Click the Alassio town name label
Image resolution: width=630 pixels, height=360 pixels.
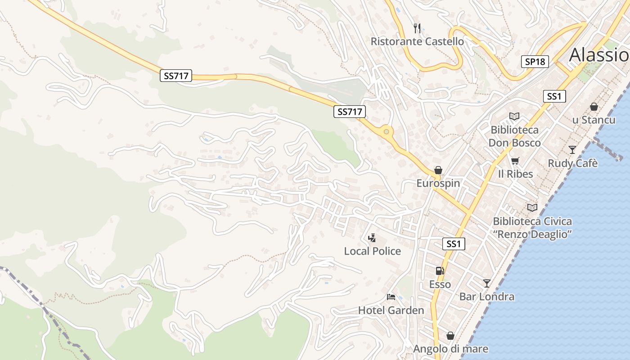pyautogui.click(x=598, y=55)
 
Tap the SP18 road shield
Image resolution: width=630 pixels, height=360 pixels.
pyautogui.click(x=535, y=62)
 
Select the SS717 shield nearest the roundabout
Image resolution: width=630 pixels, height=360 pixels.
pyautogui.click(x=349, y=112)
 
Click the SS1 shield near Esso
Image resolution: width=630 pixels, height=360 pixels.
pyautogui.click(x=454, y=244)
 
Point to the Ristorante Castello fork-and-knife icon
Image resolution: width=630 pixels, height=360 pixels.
pyautogui.click(x=417, y=28)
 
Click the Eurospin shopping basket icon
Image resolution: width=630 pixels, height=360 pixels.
pyautogui.click(x=438, y=170)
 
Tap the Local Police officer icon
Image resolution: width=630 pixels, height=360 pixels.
pyautogui.click(x=372, y=238)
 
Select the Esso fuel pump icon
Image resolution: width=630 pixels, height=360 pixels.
pyautogui.click(x=440, y=270)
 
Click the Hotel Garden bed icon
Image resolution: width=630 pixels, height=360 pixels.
pyautogui.click(x=391, y=297)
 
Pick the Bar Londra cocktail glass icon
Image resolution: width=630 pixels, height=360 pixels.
pyautogui.click(x=486, y=283)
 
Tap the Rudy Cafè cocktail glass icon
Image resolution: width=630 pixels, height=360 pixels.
pyautogui.click(x=572, y=149)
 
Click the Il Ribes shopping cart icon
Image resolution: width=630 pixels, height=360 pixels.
pyautogui.click(x=515, y=161)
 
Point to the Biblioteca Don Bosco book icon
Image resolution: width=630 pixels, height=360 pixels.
pyautogui.click(x=514, y=117)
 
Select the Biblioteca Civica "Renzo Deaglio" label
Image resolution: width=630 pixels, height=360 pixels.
pyautogui.click(x=532, y=228)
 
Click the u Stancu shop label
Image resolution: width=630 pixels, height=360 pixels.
pyautogui.click(x=594, y=120)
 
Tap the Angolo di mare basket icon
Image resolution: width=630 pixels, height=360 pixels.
pyautogui.click(x=450, y=336)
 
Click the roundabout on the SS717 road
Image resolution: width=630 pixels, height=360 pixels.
pyautogui.click(x=386, y=132)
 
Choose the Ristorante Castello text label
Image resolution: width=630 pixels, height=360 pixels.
pyautogui.click(x=417, y=41)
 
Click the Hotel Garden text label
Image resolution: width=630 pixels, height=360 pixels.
pyautogui.click(x=391, y=310)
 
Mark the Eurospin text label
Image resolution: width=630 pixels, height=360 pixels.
pyautogui.click(x=438, y=183)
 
